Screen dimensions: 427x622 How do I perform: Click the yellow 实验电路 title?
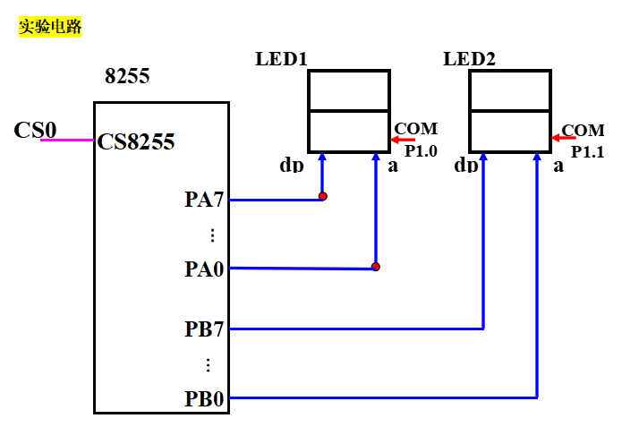(50, 28)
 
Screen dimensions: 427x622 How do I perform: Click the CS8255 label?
(136, 141)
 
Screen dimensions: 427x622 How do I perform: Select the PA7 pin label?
(204, 200)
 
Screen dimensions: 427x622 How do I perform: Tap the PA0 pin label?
(204, 269)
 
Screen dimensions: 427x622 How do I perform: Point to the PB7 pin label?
(204, 329)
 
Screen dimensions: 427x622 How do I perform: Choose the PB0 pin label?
(204, 398)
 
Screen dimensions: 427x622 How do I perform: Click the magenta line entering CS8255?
(67, 141)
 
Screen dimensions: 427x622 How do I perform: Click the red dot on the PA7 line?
(323, 196)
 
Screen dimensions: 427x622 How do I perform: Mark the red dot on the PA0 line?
(376, 267)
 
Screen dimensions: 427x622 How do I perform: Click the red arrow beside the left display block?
(403, 140)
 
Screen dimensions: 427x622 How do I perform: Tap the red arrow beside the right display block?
(564, 138)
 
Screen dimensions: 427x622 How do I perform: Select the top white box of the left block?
(349, 90)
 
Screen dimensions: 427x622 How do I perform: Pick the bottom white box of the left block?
(349, 131)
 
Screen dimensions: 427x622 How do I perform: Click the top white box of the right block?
(510, 90)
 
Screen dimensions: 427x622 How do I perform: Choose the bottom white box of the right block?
(510, 131)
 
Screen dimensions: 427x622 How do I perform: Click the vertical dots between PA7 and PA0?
(212, 235)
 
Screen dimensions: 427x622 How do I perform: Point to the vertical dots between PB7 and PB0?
(208, 365)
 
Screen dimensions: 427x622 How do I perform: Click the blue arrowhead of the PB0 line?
(537, 157)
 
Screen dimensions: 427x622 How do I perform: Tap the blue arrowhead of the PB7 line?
(483, 157)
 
